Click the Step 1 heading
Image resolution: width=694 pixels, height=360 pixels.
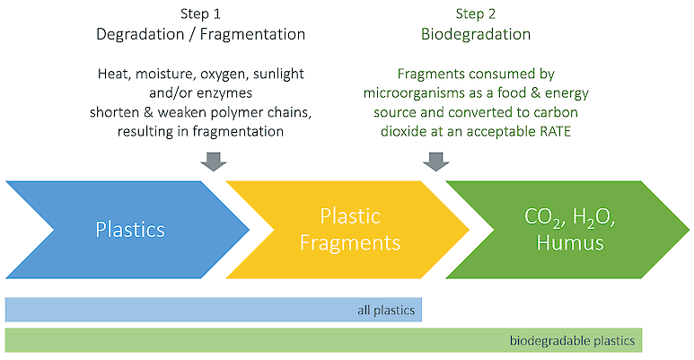click(200, 13)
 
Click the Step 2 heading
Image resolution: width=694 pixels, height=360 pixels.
click(475, 13)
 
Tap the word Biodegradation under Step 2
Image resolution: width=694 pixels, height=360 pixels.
click(475, 34)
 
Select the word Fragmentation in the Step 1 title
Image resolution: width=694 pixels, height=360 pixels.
click(252, 34)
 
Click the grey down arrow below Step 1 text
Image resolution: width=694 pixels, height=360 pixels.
click(214, 162)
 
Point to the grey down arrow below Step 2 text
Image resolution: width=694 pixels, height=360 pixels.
click(436, 162)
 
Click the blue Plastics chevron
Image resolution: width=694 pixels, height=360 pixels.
click(127, 230)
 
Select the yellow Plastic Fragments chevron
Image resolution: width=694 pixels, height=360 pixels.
click(347, 230)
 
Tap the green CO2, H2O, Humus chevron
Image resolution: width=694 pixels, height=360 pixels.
click(567, 230)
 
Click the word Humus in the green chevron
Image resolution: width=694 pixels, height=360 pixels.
click(570, 242)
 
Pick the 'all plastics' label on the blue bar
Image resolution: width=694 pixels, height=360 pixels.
click(386, 310)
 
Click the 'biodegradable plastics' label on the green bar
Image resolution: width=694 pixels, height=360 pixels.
click(572, 340)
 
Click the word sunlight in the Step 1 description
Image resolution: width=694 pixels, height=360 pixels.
click(278, 74)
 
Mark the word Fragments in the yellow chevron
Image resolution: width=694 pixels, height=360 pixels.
click(350, 243)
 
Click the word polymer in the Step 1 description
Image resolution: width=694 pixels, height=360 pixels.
click(237, 112)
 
